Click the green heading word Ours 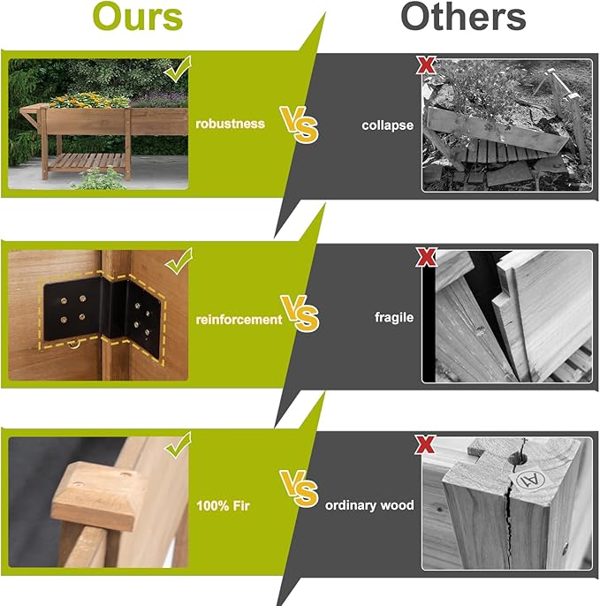(137, 17)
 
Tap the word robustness (230, 124)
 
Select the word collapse (387, 125)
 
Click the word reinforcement (239, 320)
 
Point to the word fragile (394, 317)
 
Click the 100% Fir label (223, 506)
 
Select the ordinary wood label (369, 505)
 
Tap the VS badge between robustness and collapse (300, 125)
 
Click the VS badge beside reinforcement (300, 314)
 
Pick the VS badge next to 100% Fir (300, 489)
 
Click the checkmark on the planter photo (178, 69)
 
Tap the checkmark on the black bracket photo (178, 261)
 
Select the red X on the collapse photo (426, 65)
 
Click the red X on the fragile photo (427, 257)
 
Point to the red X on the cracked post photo (425, 444)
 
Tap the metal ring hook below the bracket (74, 344)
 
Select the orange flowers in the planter (89, 100)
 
